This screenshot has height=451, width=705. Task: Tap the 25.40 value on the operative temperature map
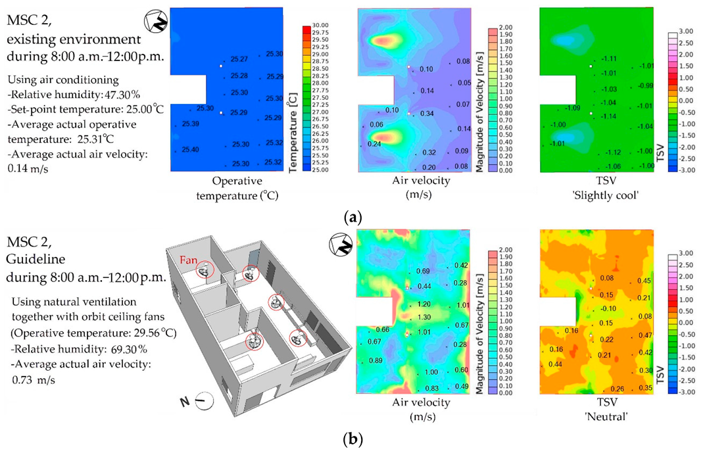click(191, 150)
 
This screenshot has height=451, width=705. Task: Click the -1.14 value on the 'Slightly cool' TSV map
click(609, 116)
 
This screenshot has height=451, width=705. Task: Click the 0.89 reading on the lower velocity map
click(376, 361)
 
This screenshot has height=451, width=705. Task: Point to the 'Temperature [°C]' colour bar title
click(293, 131)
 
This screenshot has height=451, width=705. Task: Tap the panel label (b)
click(352, 437)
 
